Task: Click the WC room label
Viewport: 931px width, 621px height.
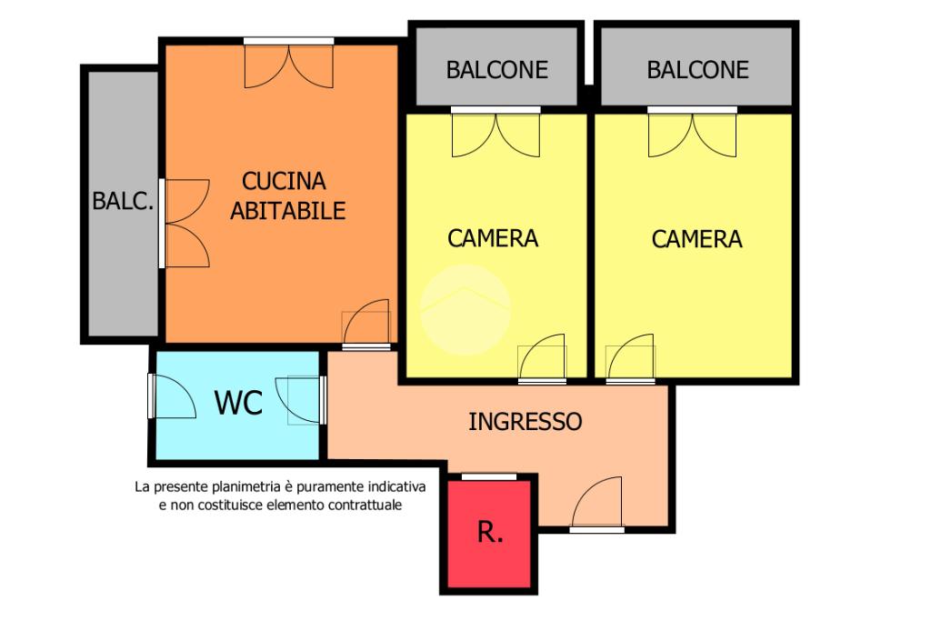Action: point(238,403)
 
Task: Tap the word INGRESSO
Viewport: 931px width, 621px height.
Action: point(525,422)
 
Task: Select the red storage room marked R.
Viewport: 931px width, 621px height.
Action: point(489,534)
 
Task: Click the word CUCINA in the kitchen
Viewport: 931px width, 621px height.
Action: point(284,181)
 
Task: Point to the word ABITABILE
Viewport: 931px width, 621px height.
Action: point(287,211)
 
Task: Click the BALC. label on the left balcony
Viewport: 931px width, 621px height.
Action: point(123,201)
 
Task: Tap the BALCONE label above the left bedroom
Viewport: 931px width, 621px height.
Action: point(497,70)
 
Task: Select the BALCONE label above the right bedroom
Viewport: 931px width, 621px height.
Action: point(697,70)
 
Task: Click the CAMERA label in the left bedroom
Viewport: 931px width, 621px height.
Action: point(492,238)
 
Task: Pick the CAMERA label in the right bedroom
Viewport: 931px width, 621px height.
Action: point(696,239)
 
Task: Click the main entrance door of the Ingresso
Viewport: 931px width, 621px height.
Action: point(596,502)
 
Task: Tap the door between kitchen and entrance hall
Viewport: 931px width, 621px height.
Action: point(366,325)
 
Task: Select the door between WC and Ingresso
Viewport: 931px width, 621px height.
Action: point(302,399)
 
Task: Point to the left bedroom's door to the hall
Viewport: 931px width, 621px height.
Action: point(542,358)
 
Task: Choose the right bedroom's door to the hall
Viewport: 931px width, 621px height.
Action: point(631,358)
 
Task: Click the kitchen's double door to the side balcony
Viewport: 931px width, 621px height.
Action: point(185,224)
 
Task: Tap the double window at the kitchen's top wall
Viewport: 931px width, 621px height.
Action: point(288,63)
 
